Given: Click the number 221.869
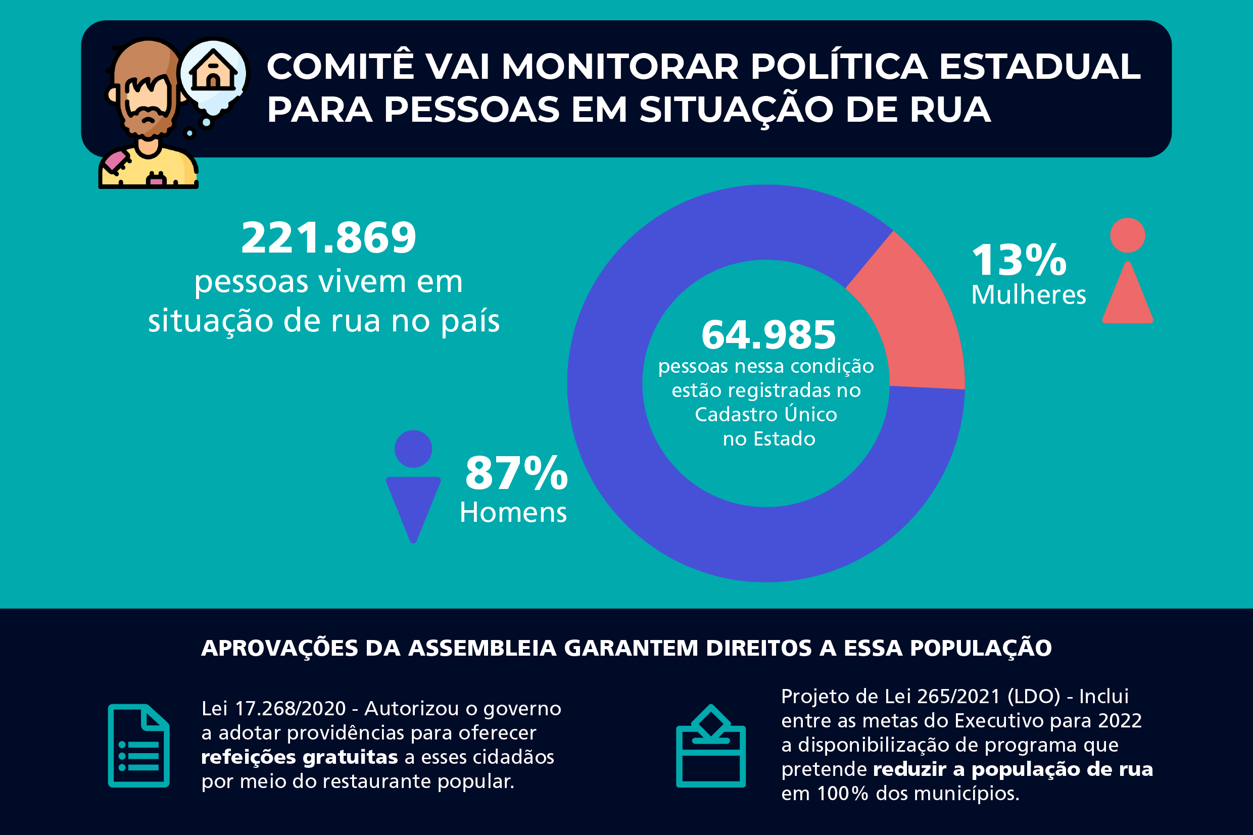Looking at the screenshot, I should point(328,237).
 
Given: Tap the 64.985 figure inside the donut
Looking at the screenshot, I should point(768,335).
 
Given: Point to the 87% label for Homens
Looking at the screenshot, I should point(516,473).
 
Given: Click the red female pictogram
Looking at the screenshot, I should point(1127,272).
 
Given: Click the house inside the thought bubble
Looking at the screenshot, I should point(213,71).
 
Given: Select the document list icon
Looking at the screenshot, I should point(138,746).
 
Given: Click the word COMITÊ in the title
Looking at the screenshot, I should point(340,67).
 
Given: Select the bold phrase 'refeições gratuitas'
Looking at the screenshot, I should point(299,757).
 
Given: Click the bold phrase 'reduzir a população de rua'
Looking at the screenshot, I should point(1013,769).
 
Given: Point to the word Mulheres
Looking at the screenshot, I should point(1028,295).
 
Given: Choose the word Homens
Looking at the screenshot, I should point(513,513).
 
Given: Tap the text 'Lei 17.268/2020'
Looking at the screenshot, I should point(274,709).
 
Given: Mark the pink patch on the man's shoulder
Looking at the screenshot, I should point(116,161).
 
